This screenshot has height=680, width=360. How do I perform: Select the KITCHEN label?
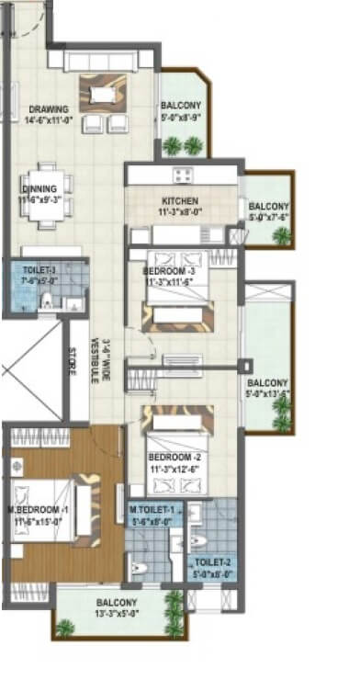pos(181,202)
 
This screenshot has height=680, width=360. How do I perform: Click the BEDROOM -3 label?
pos(169,272)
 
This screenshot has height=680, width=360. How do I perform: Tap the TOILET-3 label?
pos(39,271)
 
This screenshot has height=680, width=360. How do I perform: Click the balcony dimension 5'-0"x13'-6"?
pos(268,394)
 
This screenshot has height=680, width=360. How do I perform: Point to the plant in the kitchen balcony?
pos(281,236)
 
